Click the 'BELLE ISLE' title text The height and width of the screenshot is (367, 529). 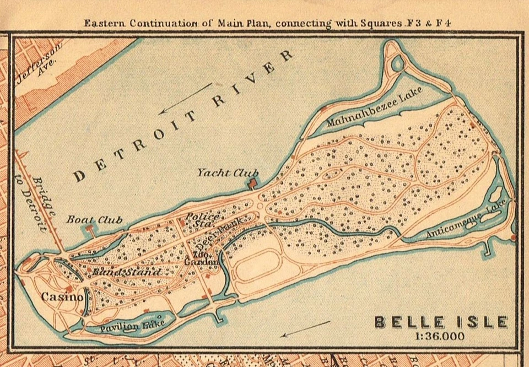point(441,322)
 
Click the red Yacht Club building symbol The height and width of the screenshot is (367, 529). point(253,182)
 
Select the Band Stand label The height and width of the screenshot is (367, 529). point(126,272)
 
